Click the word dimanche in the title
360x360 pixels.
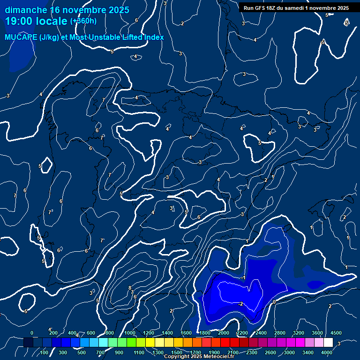click(x=26, y=10)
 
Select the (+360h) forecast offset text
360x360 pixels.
click(x=83, y=21)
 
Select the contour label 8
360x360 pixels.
click(x=130, y=288)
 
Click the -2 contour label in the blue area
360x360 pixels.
click(x=240, y=304)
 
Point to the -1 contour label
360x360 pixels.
click(x=243, y=277)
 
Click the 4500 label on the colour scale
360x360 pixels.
click(x=336, y=333)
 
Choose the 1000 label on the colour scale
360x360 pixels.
click(x=130, y=333)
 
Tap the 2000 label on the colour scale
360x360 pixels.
click(x=224, y=333)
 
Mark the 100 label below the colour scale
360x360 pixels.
click(x=45, y=352)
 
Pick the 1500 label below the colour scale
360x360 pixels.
click(x=177, y=352)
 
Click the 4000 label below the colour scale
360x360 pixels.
click(x=327, y=352)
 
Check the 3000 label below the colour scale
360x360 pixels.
click(x=289, y=352)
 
